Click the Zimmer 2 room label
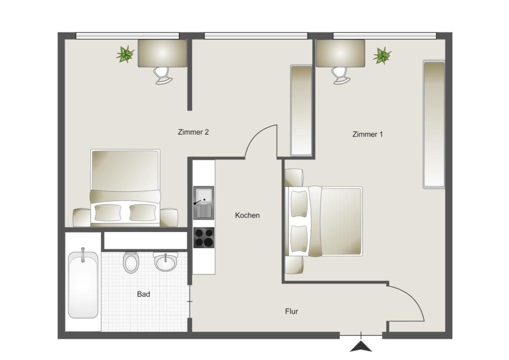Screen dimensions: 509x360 [193, 132]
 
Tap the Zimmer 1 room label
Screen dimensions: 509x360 [367, 134]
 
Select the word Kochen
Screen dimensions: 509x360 [247, 215]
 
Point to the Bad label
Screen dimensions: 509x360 [143, 294]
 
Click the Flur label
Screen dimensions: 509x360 [292, 311]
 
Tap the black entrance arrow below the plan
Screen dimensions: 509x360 [361, 347]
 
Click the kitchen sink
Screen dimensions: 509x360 [204, 202]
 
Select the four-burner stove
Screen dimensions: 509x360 [204, 238]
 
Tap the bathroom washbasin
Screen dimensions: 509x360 [165, 262]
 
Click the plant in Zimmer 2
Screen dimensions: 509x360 [125, 54]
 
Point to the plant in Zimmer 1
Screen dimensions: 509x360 [382, 55]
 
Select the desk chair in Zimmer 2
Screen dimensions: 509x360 [163, 75]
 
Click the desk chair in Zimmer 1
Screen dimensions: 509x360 [341, 75]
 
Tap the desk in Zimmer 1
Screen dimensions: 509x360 [341, 53]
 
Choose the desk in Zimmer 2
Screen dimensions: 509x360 [162, 53]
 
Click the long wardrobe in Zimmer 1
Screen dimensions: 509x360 [434, 124]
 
